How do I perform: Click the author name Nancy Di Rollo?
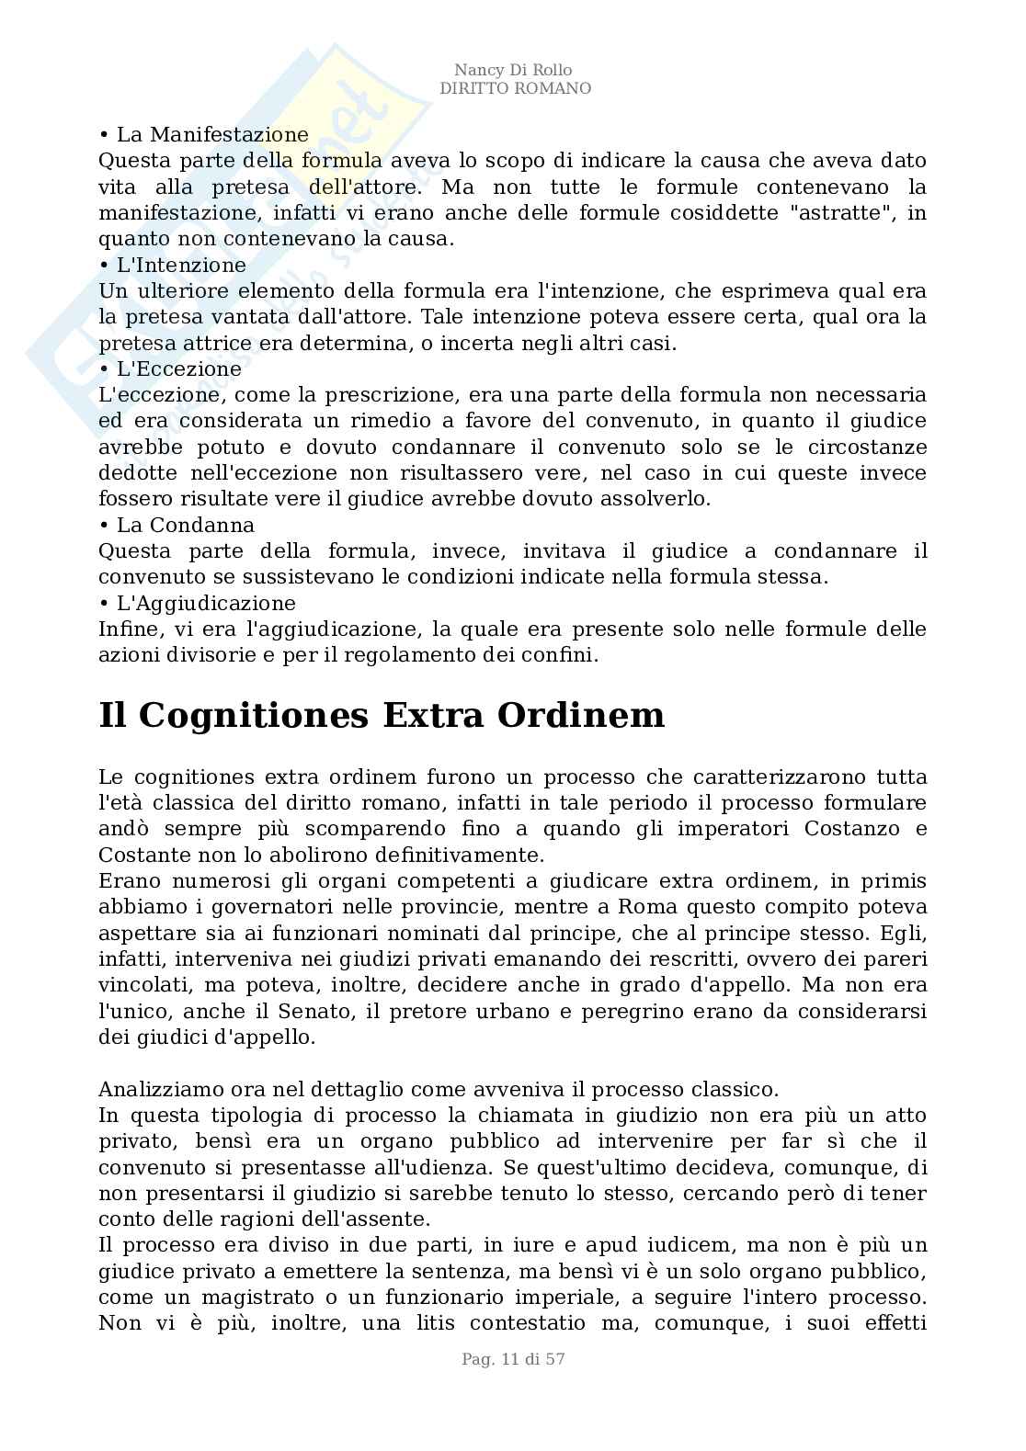[x=514, y=71]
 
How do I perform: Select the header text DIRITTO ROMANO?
[x=515, y=89]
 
